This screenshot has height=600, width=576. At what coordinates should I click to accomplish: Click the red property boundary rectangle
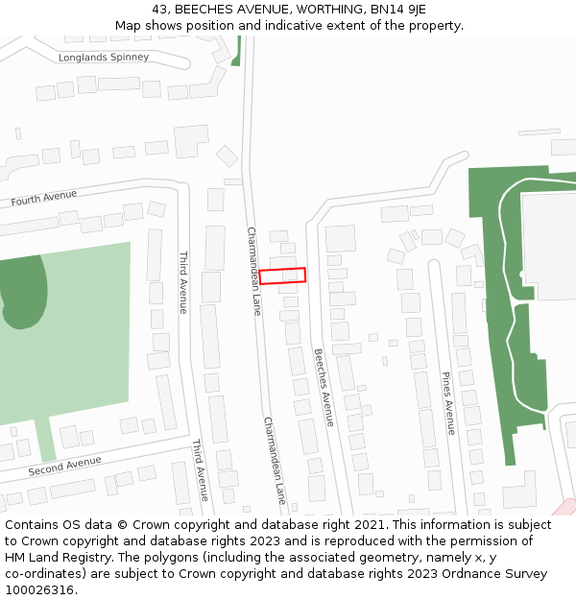click(x=282, y=276)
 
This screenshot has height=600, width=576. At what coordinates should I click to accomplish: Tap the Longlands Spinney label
click(x=104, y=58)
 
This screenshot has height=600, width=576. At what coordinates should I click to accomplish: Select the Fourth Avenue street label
click(x=44, y=198)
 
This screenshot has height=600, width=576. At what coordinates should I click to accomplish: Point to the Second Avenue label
click(x=64, y=467)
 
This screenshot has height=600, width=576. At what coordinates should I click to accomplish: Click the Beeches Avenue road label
click(x=324, y=387)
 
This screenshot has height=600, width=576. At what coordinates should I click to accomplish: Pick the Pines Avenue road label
click(x=448, y=403)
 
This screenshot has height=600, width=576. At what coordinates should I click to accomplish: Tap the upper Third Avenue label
click(x=183, y=282)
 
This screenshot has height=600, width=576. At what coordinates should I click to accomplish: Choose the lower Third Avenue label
click(x=200, y=470)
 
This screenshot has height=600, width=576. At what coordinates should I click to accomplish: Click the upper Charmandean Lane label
click(x=253, y=271)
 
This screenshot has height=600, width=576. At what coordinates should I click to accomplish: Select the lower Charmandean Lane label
click(x=275, y=461)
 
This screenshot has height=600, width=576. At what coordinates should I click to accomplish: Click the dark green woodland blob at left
click(x=24, y=288)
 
